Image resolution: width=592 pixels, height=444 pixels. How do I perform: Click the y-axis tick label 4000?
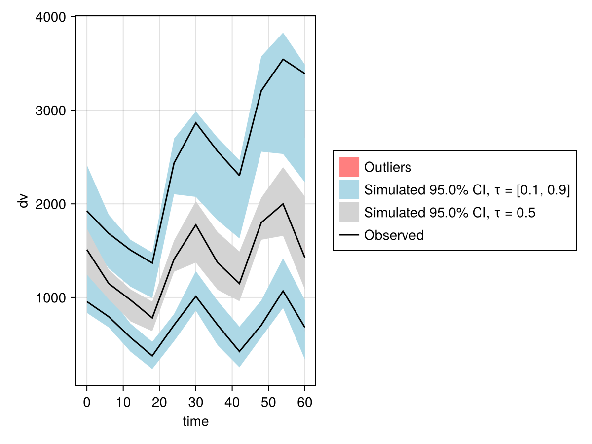(x=52, y=17)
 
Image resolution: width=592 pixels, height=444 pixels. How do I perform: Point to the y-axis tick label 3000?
(x=52, y=111)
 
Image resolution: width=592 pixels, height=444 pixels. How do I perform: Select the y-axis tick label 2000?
(x=52, y=204)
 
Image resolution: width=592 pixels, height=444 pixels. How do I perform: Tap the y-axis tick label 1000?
(x=52, y=297)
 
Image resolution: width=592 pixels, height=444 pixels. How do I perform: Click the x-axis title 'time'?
(x=196, y=421)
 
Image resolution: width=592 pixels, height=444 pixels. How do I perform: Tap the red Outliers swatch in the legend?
(x=349, y=167)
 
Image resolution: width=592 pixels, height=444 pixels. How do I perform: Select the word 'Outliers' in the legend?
(x=387, y=167)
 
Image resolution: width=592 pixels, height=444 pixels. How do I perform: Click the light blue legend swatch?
(x=349, y=189)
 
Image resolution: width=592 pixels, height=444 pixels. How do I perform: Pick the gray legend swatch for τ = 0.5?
(x=349, y=212)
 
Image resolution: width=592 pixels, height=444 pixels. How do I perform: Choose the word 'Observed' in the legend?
(x=394, y=235)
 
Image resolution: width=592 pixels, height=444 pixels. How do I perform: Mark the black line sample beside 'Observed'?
(x=349, y=235)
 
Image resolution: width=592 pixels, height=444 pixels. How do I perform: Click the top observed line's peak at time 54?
(x=283, y=59)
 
